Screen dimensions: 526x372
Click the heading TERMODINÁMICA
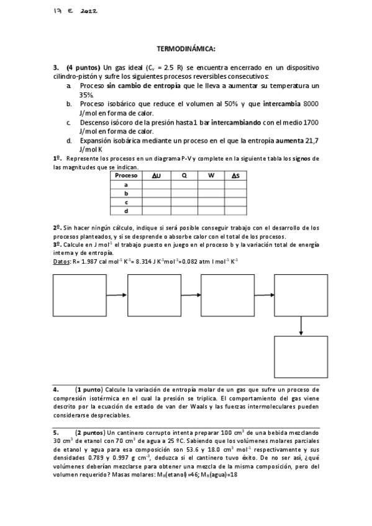[x=186, y=48]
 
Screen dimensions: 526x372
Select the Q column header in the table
[x=184, y=176]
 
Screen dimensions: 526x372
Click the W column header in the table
[x=211, y=176]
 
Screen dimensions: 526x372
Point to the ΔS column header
[x=236, y=176]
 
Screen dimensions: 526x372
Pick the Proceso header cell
[x=126, y=176]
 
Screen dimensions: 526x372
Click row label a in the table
[x=126, y=184]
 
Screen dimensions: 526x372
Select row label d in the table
[x=126, y=211]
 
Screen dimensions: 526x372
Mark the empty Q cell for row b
[x=184, y=193]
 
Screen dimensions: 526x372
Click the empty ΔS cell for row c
[x=236, y=202]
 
